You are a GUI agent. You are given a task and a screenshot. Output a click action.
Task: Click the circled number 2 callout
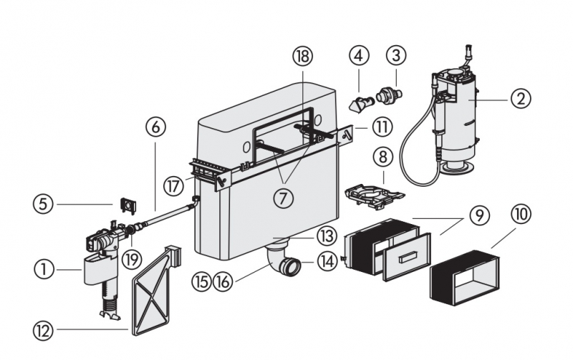pyautogui.click(x=521, y=97)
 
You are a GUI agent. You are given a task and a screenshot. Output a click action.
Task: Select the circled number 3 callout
pyautogui.click(x=396, y=55)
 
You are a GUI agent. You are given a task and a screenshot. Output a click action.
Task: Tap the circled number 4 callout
pyautogui.click(x=359, y=55)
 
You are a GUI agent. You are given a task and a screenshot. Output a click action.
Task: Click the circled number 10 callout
pyautogui.click(x=521, y=214)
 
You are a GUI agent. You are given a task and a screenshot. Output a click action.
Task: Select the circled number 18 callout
pyautogui.click(x=303, y=56)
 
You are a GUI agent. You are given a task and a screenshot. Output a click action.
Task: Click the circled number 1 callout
pyautogui.click(x=44, y=269)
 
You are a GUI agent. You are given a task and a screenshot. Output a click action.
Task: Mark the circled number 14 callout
pyautogui.click(x=327, y=261)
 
